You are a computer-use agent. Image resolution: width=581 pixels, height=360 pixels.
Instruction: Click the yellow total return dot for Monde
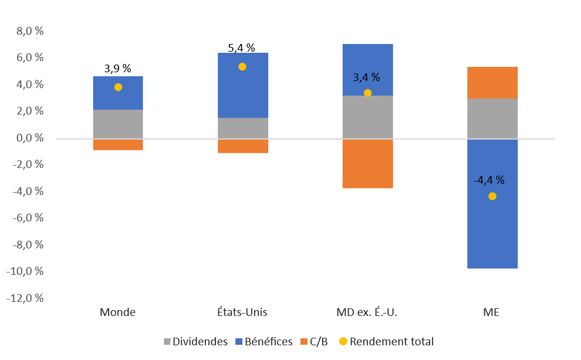[118, 87]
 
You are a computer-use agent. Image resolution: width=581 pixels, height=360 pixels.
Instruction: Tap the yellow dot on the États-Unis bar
[242, 66]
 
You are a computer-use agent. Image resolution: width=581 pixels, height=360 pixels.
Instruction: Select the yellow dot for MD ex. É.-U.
[367, 93]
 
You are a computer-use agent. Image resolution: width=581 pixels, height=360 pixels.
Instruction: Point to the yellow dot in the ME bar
[492, 196]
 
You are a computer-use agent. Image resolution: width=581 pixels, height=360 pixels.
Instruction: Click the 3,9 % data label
[118, 69]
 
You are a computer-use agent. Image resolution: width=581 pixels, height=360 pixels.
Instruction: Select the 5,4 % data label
[242, 48]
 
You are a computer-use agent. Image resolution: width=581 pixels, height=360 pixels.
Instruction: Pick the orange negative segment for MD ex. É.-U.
[367, 164]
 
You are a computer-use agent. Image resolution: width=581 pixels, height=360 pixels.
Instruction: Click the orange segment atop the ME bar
[492, 83]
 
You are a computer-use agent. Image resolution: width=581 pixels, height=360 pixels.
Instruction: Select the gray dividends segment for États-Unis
[242, 128]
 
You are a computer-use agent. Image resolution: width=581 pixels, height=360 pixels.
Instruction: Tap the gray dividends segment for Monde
[118, 124]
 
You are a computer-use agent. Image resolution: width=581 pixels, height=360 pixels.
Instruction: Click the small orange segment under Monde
[118, 144]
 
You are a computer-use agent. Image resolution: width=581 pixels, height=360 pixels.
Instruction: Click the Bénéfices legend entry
[264, 342]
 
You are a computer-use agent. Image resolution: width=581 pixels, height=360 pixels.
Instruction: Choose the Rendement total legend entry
[386, 342]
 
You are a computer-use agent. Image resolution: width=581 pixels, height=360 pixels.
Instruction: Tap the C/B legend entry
[314, 342]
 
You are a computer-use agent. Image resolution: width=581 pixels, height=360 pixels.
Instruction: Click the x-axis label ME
[492, 312]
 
